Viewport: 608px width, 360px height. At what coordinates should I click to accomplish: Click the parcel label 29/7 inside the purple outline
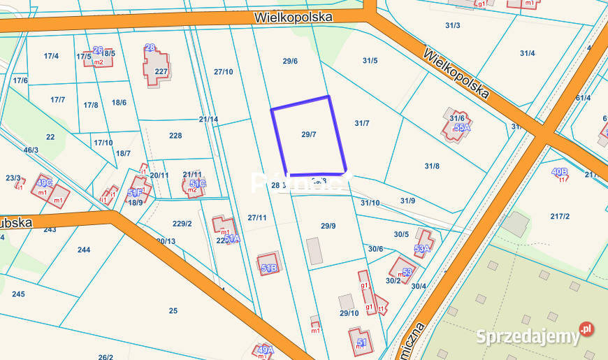(309, 134)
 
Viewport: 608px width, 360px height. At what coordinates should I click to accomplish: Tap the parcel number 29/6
(290, 62)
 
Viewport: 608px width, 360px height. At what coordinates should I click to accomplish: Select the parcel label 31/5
(370, 61)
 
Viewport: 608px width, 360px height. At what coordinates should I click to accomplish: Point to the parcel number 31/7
(361, 124)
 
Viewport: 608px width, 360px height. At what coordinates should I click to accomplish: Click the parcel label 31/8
(432, 166)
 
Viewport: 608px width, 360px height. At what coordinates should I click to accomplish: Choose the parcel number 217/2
(560, 217)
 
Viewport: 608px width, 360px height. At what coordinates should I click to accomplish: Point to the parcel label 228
(175, 136)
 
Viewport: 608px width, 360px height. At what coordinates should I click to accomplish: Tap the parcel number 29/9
(328, 226)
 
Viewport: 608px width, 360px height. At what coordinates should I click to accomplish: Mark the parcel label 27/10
(223, 72)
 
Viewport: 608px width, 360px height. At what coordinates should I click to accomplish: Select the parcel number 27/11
(256, 218)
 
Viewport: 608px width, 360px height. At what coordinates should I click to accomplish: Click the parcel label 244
(84, 250)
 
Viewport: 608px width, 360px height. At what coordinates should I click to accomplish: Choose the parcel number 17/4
(51, 56)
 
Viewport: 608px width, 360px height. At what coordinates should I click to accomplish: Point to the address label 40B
(559, 171)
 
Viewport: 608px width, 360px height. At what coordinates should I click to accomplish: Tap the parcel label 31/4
(527, 53)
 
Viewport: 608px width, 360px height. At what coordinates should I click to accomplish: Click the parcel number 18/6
(119, 103)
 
